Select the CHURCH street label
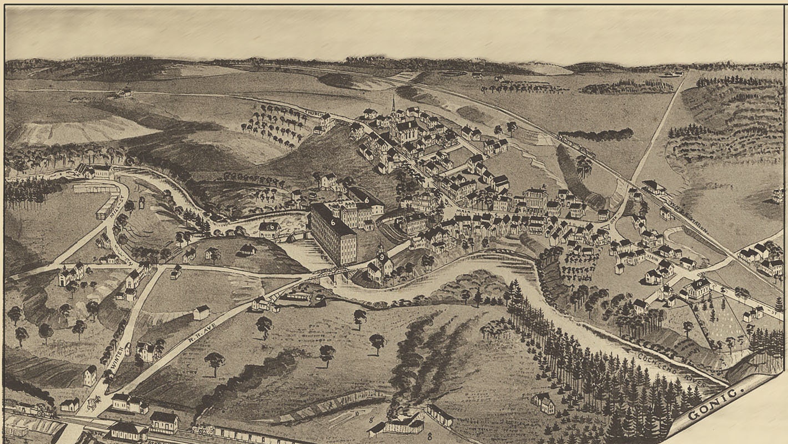click(314, 115)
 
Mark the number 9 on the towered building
click(381, 257)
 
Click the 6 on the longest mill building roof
click(334, 221)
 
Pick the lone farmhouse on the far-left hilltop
click(123, 93)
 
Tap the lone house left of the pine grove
click(543, 403)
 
